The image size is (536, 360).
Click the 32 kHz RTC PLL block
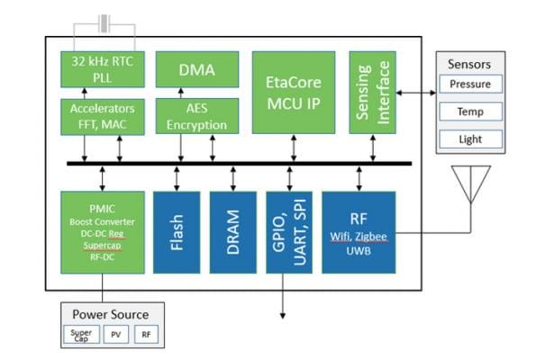[103, 69]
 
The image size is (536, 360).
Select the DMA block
[197, 69]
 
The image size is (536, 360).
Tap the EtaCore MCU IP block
[294, 93]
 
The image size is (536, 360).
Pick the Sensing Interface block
[373, 93]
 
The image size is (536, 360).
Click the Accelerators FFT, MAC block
[103, 117]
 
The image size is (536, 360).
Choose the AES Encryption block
[197, 116]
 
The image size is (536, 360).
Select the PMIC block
[103, 232]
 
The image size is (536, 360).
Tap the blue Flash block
[177, 232]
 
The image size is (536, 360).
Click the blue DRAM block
[233, 232]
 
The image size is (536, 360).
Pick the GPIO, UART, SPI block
[289, 232]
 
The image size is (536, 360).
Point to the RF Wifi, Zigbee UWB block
[359, 232]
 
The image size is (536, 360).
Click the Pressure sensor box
[471, 84]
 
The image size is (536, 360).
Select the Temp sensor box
[471, 112]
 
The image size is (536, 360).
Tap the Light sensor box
[471, 139]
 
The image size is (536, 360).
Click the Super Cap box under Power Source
[81, 335]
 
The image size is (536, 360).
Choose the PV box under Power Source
[116, 335]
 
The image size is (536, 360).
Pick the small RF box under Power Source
[146, 335]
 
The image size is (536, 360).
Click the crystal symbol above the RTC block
[104, 23]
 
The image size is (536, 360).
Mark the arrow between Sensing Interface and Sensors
[416, 93]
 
